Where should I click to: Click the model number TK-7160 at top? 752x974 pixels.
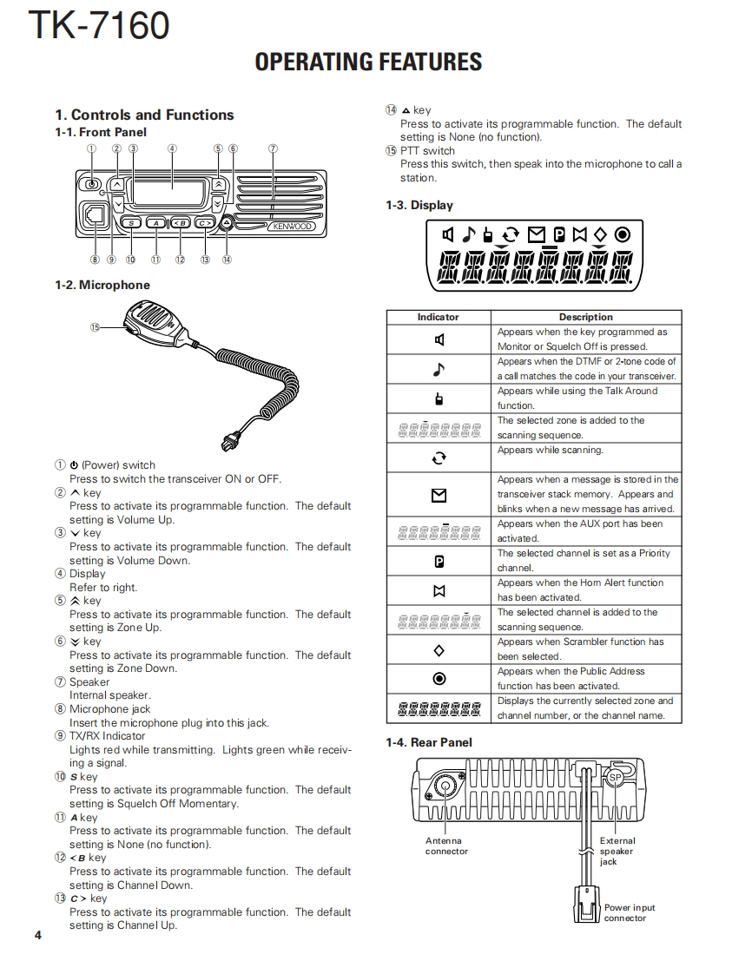click(98, 26)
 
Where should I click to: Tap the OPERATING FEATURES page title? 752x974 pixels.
click(368, 62)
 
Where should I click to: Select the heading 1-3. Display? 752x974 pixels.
click(419, 206)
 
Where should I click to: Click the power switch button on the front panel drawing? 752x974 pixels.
click(91, 184)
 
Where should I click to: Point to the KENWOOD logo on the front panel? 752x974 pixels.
click(290, 227)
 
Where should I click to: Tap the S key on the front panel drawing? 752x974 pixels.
click(130, 224)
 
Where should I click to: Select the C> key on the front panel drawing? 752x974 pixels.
click(204, 224)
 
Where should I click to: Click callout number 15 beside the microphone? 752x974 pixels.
click(96, 326)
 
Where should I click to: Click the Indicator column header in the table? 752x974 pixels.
click(438, 317)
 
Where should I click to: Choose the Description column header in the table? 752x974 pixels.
click(585, 317)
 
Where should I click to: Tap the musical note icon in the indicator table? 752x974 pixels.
click(439, 369)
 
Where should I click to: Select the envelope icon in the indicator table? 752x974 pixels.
click(439, 495)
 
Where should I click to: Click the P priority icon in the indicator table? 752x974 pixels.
click(439, 562)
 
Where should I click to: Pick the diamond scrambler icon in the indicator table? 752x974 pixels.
click(439, 650)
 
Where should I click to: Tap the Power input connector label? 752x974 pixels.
click(630, 912)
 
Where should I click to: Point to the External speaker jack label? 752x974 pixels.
click(617, 851)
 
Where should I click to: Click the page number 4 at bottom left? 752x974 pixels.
click(37, 935)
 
